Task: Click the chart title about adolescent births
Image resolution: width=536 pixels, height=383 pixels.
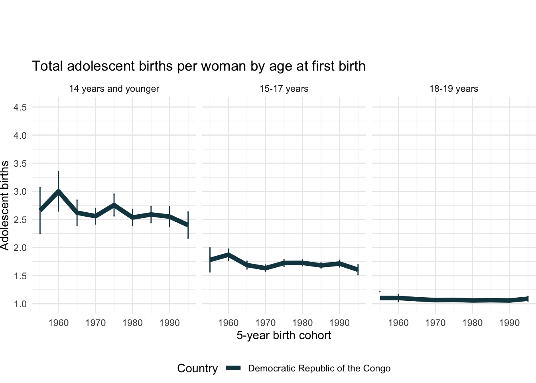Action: tap(199, 66)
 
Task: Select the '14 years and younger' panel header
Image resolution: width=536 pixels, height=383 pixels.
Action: tap(114, 89)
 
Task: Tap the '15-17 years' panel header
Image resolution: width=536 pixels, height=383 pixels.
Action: tap(284, 89)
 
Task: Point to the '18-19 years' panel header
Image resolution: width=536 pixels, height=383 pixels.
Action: tap(454, 89)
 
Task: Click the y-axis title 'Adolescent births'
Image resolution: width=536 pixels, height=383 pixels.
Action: tap(5, 205)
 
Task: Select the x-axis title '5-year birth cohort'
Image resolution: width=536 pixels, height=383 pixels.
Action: tap(284, 335)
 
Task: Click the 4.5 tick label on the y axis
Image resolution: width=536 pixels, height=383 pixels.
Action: tap(20, 107)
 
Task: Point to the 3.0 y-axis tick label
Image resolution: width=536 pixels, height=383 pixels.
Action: tap(20, 191)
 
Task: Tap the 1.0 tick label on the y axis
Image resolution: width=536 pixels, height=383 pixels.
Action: tap(20, 304)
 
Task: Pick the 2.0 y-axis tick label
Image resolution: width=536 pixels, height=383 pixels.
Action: tap(20, 248)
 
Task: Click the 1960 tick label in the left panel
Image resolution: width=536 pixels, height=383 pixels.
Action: tap(59, 323)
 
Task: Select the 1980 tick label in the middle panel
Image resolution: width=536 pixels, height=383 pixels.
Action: tap(302, 323)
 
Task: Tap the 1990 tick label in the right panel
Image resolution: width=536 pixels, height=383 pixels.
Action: tap(509, 323)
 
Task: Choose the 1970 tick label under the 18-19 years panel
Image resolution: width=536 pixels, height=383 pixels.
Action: tap(435, 323)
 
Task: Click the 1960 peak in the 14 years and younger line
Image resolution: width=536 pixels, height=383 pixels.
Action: tap(59, 192)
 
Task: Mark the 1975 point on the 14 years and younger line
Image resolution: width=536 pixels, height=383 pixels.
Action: tap(114, 205)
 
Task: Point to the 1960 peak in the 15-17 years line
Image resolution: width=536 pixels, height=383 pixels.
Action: tap(228, 255)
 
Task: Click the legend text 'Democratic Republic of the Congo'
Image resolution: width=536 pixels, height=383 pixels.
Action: tap(319, 368)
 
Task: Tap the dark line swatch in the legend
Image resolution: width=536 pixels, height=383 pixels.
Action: tap(233, 368)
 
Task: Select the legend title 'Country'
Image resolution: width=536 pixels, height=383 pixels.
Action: tap(197, 368)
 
